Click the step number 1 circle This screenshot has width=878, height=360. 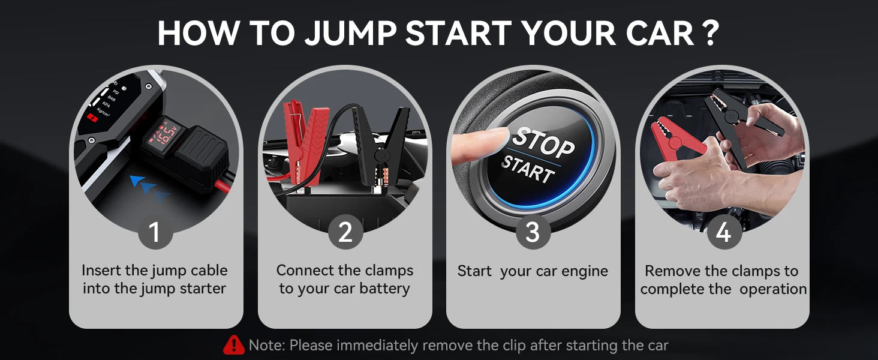[x=155, y=232]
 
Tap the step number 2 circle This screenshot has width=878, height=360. [x=345, y=232]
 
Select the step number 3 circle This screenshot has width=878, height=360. [x=533, y=232]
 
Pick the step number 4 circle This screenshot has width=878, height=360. [x=723, y=232]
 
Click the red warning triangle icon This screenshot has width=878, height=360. [x=234, y=345]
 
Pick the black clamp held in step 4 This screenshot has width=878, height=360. [x=735, y=120]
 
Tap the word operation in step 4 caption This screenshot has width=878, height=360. [x=773, y=289]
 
